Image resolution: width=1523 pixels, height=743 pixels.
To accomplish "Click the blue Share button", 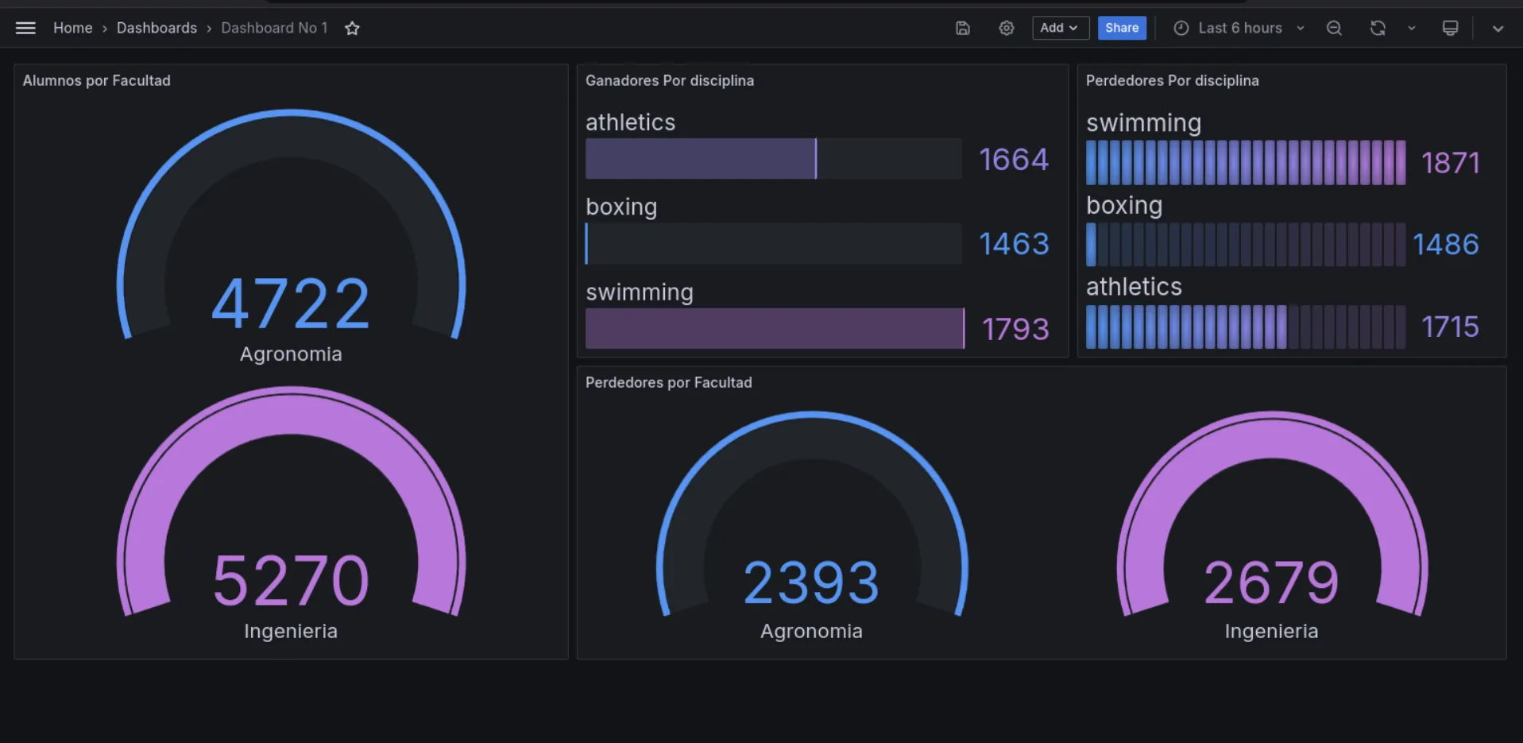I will (x=1121, y=28).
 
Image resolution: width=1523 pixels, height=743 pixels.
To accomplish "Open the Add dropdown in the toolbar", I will (x=1059, y=28).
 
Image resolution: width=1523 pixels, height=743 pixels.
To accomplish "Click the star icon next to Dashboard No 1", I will (x=352, y=29).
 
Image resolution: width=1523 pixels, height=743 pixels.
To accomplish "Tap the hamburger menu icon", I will (x=25, y=28).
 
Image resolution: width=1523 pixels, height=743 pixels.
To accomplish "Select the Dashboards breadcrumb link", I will (x=157, y=28).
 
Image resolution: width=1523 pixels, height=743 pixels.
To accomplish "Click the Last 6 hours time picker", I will (x=1239, y=28).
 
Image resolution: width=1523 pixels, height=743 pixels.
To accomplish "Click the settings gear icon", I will (x=1006, y=28).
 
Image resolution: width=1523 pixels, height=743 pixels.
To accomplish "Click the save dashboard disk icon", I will (x=962, y=28).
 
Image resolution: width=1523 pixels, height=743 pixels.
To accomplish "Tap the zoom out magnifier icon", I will (x=1334, y=28).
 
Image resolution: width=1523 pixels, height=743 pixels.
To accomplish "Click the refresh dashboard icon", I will (x=1378, y=28).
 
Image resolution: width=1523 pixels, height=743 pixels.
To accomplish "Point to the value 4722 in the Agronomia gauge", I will (x=291, y=304).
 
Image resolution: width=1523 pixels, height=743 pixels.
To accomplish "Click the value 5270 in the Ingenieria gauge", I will (x=291, y=581).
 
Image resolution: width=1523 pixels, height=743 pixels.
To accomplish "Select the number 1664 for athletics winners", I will (x=1013, y=160).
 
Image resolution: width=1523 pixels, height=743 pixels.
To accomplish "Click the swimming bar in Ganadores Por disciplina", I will (x=774, y=328).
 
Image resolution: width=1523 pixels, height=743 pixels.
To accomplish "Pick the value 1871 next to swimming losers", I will (x=1450, y=163).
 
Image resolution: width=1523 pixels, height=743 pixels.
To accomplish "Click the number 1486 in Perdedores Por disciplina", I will (x=1445, y=244).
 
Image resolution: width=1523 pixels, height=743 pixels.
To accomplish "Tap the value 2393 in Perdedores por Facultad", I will (x=811, y=582).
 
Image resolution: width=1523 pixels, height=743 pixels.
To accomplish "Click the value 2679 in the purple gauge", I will (x=1271, y=582).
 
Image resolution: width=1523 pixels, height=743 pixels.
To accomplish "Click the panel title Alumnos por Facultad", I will (x=96, y=80).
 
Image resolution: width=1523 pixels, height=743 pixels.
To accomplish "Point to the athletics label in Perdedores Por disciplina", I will (x=1134, y=287).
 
